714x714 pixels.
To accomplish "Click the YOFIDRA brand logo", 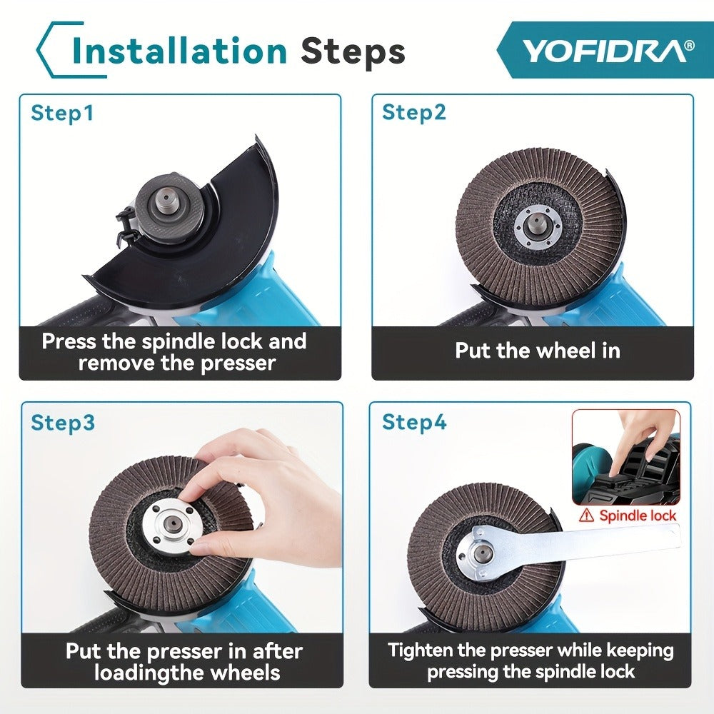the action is [x=605, y=51].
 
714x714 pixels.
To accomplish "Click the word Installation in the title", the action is [x=179, y=51].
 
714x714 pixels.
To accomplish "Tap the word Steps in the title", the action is [x=353, y=51].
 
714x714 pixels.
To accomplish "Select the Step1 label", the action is [x=62, y=113].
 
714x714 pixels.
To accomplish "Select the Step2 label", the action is [x=414, y=112].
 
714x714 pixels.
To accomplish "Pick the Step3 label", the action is [x=63, y=422].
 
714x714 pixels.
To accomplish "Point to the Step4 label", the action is [x=414, y=422].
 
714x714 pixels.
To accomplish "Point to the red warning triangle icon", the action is [x=586, y=516].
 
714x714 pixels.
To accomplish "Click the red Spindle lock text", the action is [x=638, y=516].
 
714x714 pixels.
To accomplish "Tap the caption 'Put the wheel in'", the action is [x=538, y=351].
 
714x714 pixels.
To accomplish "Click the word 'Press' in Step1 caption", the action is [x=69, y=341].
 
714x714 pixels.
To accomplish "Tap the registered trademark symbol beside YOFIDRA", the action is [x=690, y=45].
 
